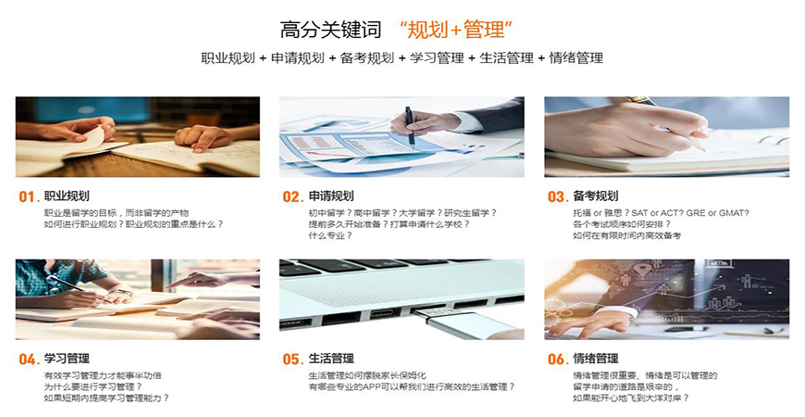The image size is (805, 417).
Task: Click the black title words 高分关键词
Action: (x=324, y=29)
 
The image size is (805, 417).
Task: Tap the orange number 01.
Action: (x=28, y=196)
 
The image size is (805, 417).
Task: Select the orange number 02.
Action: (x=292, y=196)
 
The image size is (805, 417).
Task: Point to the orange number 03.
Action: (x=557, y=196)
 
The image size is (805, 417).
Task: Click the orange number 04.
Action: (x=28, y=359)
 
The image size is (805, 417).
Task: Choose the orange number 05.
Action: (x=292, y=359)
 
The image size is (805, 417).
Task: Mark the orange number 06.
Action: (x=557, y=359)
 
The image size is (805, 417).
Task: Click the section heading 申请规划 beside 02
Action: (x=331, y=196)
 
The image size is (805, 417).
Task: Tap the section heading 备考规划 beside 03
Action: (x=596, y=196)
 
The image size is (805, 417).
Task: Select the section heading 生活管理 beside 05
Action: (x=331, y=359)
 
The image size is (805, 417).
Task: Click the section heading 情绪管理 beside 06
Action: (x=596, y=359)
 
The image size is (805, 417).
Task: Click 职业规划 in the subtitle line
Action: (x=226, y=57)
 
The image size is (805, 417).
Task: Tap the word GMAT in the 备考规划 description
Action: (x=732, y=212)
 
